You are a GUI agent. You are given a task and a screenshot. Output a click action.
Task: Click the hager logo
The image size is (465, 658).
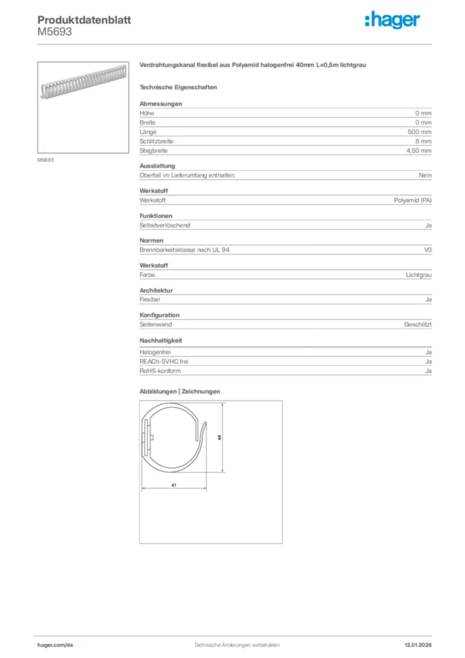(x=392, y=21)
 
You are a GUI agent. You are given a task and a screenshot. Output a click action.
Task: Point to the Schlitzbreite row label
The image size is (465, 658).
(x=157, y=141)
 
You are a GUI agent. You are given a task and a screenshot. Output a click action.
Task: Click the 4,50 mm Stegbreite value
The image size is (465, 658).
(x=419, y=150)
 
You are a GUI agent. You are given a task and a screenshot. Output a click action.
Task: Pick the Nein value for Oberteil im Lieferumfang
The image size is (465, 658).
(x=425, y=175)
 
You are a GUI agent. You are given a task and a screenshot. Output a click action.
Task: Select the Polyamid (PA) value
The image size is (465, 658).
(x=412, y=200)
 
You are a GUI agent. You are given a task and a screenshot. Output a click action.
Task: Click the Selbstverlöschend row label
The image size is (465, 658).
(x=165, y=226)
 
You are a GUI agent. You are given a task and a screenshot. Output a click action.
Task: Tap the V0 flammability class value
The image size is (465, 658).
(x=428, y=250)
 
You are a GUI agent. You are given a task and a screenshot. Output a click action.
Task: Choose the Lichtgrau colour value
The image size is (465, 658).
(x=419, y=275)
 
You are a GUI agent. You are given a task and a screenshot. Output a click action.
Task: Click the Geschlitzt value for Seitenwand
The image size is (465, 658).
(x=418, y=325)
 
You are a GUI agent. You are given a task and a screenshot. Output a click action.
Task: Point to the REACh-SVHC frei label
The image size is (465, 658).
(x=164, y=362)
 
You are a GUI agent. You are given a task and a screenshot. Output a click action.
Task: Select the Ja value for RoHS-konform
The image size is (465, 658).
(x=428, y=371)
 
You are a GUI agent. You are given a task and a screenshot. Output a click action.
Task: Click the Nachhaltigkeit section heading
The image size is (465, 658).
(x=160, y=341)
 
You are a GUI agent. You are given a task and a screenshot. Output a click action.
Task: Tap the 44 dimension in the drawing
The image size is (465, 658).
(x=220, y=437)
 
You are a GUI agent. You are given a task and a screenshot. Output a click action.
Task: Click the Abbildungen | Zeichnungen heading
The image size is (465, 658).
(x=180, y=391)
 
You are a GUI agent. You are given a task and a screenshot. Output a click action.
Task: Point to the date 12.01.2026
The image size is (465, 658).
(x=417, y=645)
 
